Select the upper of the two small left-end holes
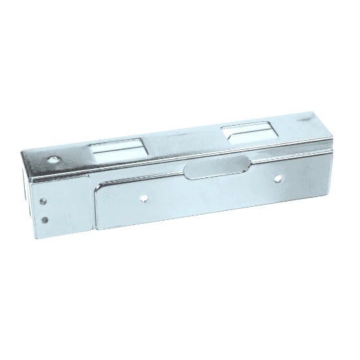click(44, 202)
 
